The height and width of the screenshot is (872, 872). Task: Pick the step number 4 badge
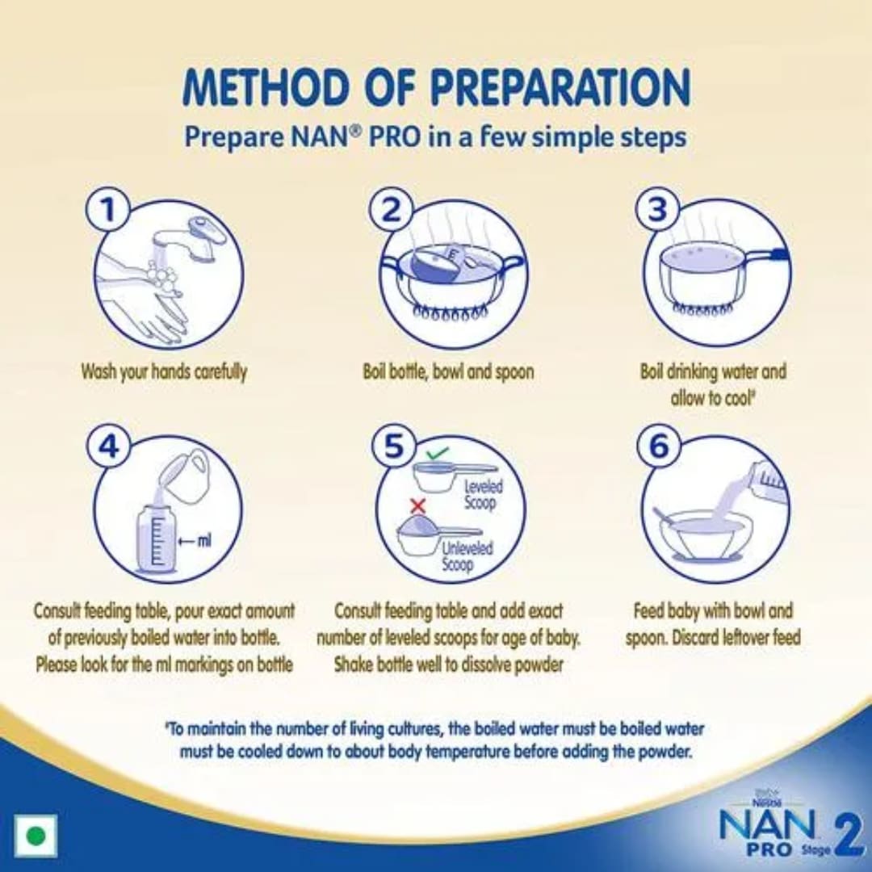click(109, 447)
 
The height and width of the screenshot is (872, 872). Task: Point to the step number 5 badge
click(392, 447)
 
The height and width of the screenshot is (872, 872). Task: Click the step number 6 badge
click(659, 447)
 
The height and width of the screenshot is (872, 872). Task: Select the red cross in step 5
click(418, 506)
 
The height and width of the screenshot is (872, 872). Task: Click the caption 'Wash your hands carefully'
click(164, 372)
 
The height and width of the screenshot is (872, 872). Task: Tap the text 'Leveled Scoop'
click(483, 494)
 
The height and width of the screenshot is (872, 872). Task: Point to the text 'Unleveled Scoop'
click(467, 556)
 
